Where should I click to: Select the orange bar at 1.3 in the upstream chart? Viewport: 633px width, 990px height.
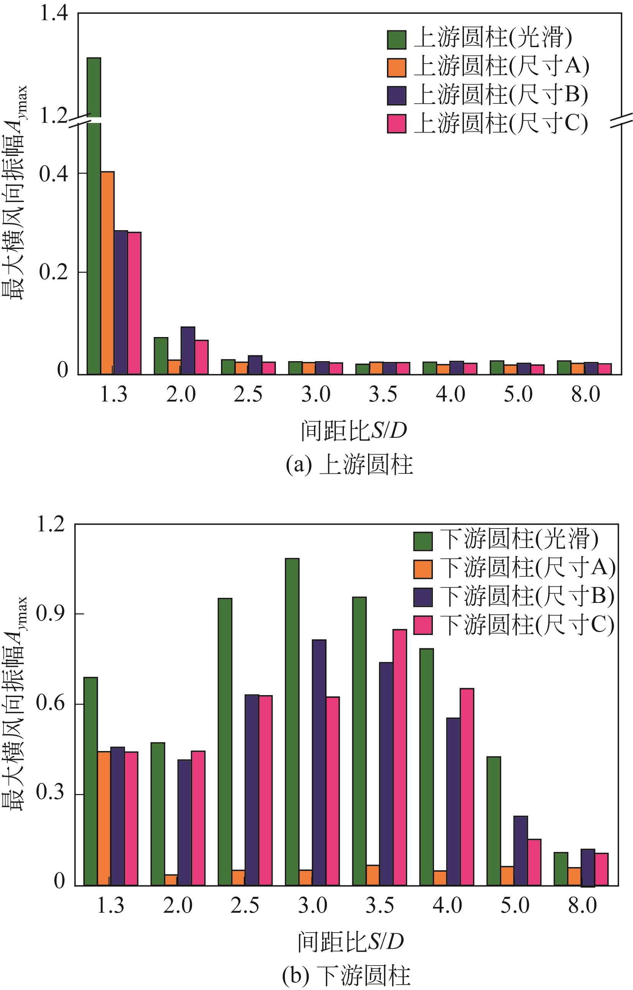107,273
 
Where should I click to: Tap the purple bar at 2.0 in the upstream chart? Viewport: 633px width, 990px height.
188,350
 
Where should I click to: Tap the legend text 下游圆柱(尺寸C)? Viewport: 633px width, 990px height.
527,625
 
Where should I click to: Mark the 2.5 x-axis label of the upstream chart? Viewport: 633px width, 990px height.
248,394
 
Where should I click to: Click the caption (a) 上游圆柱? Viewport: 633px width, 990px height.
349,465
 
